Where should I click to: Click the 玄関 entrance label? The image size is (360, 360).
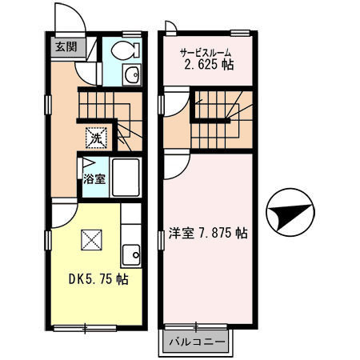tap(65, 46)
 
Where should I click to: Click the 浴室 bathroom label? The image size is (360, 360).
tap(94, 179)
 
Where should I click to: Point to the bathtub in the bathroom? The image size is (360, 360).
tap(126, 178)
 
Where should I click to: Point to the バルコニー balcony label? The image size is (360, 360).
tap(195, 343)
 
